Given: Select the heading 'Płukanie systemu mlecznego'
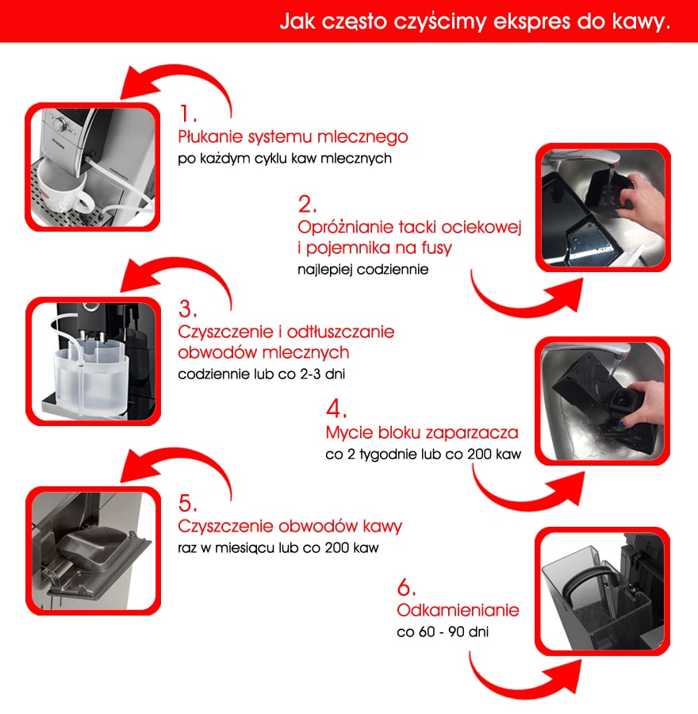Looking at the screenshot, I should coord(293,136).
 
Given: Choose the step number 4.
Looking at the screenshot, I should coord(336,409).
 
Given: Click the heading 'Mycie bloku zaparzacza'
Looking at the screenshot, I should coord(422,433).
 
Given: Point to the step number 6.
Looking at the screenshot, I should coord(406,588).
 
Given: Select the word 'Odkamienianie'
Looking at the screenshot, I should coord(458,611).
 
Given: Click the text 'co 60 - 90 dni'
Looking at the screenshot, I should coord(442,633).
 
